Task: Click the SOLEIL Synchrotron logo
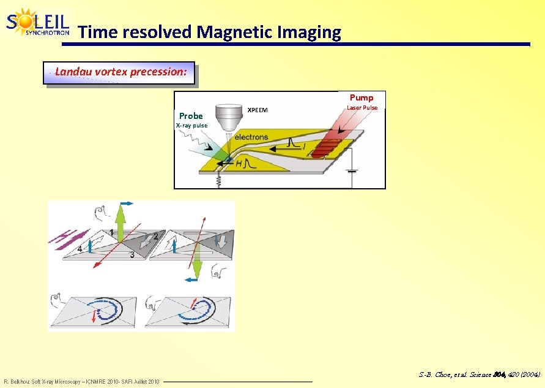click(38, 23)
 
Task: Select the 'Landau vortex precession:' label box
click(120, 72)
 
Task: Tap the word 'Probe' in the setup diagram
click(191, 116)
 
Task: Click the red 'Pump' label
click(361, 97)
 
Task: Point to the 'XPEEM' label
click(256, 110)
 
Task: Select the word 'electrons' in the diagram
click(251, 137)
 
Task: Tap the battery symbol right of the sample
click(351, 170)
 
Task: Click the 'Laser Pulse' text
click(362, 108)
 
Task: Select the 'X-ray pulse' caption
click(191, 126)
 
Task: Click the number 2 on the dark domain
click(156, 236)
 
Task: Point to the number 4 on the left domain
click(80, 249)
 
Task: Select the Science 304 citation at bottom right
click(480, 373)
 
